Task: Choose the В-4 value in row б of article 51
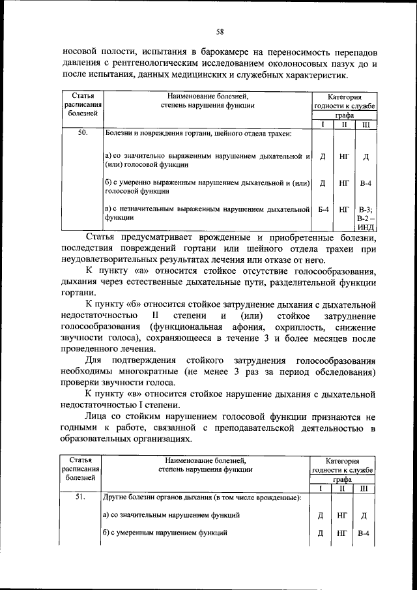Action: coord(364,533)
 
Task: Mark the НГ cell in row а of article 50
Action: coord(344,156)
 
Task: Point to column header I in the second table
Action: coord(321,488)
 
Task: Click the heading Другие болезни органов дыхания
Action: coord(202,497)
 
